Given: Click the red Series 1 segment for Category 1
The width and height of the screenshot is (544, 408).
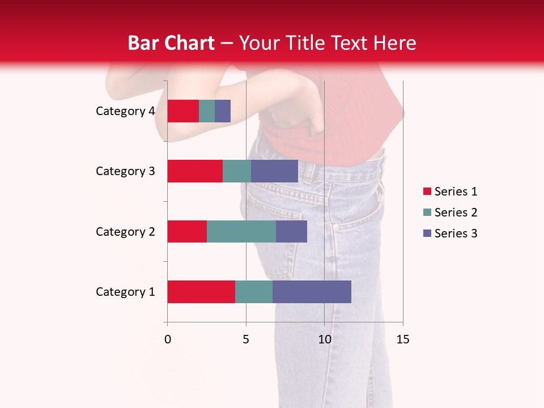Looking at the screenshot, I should [201, 292].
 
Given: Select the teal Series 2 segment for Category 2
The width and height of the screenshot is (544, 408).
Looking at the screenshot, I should [241, 231].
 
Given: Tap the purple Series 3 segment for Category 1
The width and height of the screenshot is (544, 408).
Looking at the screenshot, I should [312, 292].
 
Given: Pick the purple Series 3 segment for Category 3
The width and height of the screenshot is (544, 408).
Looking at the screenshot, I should [274, 171].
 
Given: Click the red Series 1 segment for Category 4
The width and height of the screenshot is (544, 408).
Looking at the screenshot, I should [183, 111].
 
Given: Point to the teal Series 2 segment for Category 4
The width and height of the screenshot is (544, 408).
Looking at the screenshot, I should [207, 111].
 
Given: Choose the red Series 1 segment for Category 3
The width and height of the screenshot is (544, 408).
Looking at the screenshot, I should [195, 171].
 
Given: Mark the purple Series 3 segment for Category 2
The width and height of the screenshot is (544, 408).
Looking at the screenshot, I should [291, 231].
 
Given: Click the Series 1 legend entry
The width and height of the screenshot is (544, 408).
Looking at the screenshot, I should [450, 192].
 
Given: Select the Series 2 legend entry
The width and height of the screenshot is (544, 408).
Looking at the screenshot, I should [450, 212].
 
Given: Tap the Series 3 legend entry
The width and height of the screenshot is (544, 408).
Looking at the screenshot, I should [450, 233].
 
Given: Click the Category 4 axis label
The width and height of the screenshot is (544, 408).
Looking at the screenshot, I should [125, 111].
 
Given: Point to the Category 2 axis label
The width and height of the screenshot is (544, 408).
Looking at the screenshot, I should [125, 231].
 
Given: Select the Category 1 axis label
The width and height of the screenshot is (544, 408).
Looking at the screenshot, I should [125, 292].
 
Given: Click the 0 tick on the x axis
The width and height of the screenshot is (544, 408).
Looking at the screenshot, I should [168, 339].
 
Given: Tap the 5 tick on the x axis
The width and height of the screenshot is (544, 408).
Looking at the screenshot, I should [246, 339].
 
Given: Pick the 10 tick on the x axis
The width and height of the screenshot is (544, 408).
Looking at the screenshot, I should [324, 339].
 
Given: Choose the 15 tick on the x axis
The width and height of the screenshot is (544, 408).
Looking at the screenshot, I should [403, 339].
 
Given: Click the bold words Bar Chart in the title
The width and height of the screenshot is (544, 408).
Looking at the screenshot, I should [171, 43].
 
